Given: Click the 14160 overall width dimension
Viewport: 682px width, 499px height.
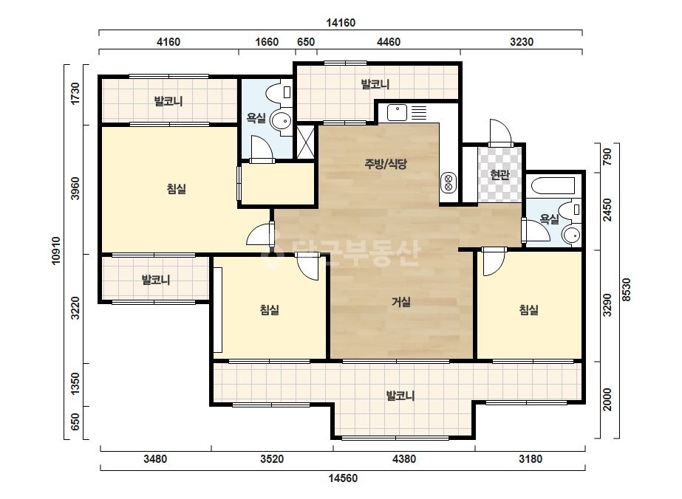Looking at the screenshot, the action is (x=341, y=23).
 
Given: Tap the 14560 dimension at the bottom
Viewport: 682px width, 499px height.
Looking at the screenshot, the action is (x=343, y=478).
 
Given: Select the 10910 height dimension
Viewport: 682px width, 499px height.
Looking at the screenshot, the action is (x=56, y=251).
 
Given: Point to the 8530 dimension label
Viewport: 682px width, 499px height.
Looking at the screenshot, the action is (x=626, y=289).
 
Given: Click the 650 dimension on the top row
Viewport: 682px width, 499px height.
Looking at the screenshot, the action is (x=306, y=42).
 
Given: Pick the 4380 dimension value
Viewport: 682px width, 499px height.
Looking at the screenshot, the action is (x=404, y=459).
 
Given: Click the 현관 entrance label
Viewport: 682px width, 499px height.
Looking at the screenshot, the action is (x=499, y=175).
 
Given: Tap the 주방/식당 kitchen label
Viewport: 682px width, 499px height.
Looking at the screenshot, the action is (x=386, y=164).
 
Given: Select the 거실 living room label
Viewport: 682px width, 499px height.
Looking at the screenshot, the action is (x=401, y=302).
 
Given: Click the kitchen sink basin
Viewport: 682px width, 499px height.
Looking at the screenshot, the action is (x=397, y=113).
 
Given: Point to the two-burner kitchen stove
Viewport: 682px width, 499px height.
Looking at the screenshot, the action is (x=449, y=182).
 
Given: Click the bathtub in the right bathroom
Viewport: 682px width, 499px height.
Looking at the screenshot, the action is (x=553, y=185).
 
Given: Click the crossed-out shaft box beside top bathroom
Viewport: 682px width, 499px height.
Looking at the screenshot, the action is (x=305, y=142).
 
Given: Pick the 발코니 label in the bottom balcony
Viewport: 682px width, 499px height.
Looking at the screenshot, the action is (x=400, y=396).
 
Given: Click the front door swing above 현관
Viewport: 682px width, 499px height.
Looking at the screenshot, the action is (x=499, y=132).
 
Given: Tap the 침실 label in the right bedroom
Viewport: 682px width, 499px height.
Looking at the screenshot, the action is (x=529, y=310).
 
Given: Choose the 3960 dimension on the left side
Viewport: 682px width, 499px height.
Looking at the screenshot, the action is (x=75, y=189).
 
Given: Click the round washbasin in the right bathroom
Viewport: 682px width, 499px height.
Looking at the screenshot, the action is (x=571, y=235).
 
